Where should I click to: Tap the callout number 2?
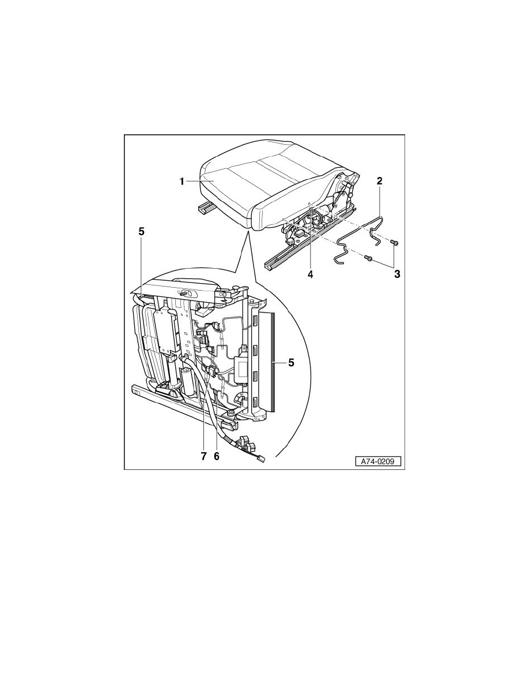(x=379, y=181)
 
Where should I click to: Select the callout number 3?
(x=396, y=274)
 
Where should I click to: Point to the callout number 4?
(x=311, y=275)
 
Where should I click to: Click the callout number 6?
(x=217, y=456)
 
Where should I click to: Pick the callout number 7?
(x=203, y=456)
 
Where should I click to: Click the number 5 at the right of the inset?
(x=291, y=363)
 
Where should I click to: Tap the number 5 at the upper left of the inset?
(x=141, y=232)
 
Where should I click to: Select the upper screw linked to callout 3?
(x=395, y=242)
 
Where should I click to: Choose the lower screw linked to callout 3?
(x=368, y=259)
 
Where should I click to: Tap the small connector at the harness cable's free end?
(x=260, y=459)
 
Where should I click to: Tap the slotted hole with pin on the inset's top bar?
(x=183, y=293)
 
